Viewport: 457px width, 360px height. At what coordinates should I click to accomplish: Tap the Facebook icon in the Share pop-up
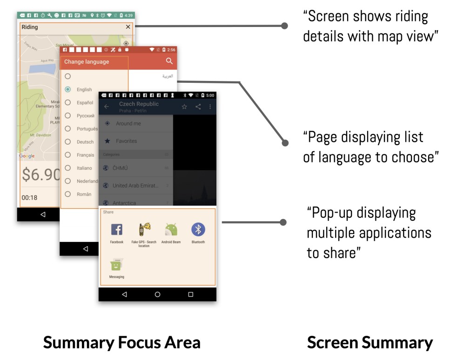(116, 230)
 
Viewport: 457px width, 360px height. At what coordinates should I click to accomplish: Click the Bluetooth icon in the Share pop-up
(198, 229)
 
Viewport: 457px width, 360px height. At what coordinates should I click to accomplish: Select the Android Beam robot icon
(171, 230)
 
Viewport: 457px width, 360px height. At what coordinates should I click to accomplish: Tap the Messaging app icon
(116, 265)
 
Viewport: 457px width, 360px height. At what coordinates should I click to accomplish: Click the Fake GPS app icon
(144, 230)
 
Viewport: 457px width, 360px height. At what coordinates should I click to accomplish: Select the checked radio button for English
(68, 89)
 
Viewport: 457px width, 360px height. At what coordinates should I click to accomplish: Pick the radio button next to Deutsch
(68, 141)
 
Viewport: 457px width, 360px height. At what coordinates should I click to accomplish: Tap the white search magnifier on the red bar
(169, 61)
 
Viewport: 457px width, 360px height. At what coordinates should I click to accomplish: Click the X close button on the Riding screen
(128, 27)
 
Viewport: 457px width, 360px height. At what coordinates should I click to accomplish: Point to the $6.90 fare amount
(41, 175)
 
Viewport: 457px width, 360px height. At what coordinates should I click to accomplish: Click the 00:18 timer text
(29, 198)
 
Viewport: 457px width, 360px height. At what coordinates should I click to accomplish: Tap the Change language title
(87, 62)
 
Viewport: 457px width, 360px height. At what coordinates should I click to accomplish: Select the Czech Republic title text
(139, 104)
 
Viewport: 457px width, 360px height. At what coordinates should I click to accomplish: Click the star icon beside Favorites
(108, 141)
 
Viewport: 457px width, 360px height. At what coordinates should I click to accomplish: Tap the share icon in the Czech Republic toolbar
(198, 107)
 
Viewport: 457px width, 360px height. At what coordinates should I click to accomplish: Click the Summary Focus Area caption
(121, 343)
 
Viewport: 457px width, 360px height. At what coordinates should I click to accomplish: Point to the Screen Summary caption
(370, 343)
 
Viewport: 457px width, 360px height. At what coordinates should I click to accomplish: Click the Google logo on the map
(27, 156)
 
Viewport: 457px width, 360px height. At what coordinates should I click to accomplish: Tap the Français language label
(86, 155)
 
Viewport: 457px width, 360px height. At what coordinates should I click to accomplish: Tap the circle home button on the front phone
(157, 294)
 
